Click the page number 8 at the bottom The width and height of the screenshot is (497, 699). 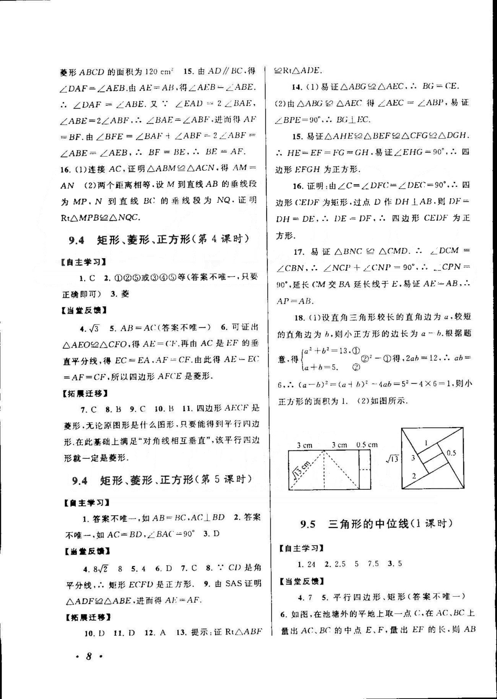coord(89,656)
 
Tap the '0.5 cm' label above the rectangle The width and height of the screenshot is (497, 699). coord(367,445)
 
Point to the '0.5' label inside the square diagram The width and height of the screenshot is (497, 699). coord(451,453)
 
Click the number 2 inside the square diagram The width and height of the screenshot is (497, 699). coord(414,476)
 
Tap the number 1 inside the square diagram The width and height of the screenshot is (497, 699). coord(426,443)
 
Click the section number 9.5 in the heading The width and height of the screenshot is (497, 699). coord(308,524)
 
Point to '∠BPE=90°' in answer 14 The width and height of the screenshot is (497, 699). coord(298,120)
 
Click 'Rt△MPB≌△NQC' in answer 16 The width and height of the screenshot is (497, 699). coord(100,218)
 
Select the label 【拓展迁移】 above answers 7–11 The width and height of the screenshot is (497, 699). coord(84,393)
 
